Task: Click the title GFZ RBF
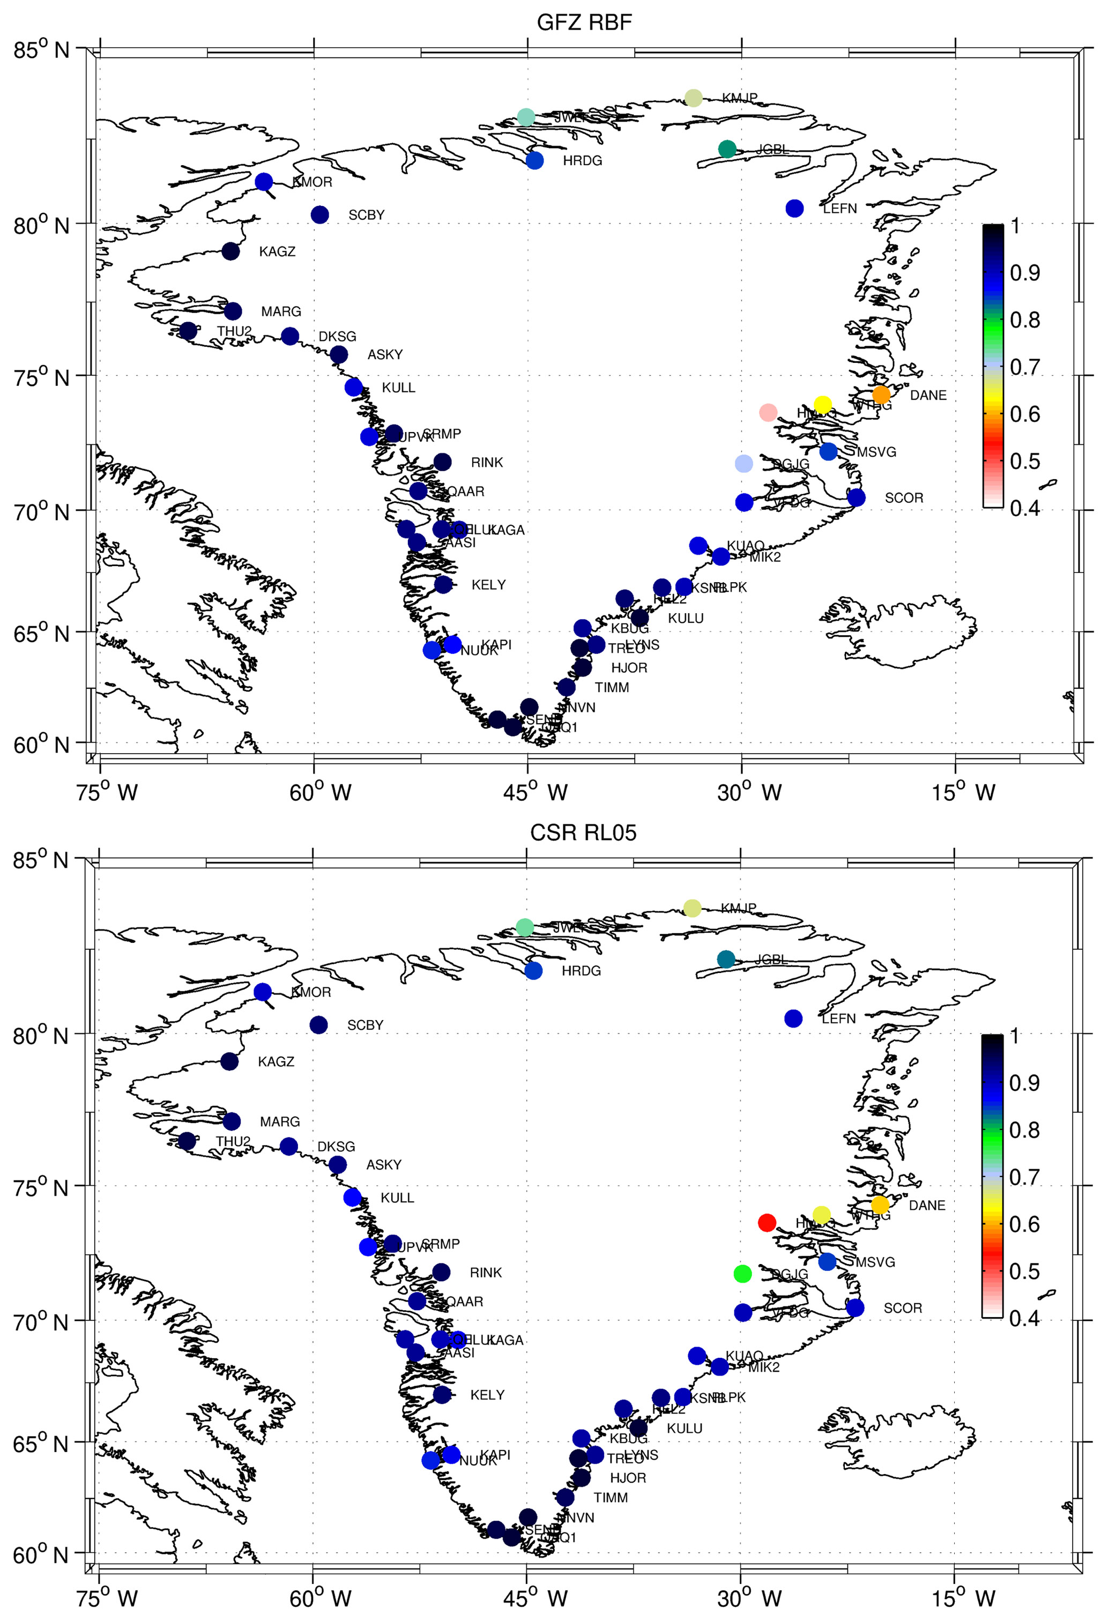tap(584, 23)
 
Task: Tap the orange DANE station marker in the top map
tap(881, 395)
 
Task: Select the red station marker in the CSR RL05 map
tap(767, 1222)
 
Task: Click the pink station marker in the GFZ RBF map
tap(768, 412)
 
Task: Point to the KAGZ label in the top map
tap(277, 252)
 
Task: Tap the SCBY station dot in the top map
tap(319, 215)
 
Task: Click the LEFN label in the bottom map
tap(838, 1018)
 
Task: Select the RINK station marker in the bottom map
tap(441, 1272)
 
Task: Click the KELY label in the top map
tap(488, 584)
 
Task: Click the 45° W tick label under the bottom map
tap(535, 1598)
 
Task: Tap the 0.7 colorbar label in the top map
tap(1024, 367)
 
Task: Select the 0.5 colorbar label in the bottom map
tap(1024, 1271)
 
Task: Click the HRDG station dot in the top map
tap(534, 160)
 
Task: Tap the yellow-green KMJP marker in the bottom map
tap(691, 908)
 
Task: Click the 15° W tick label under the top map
tap(964, 792)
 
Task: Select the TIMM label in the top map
tap(612, 688)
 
